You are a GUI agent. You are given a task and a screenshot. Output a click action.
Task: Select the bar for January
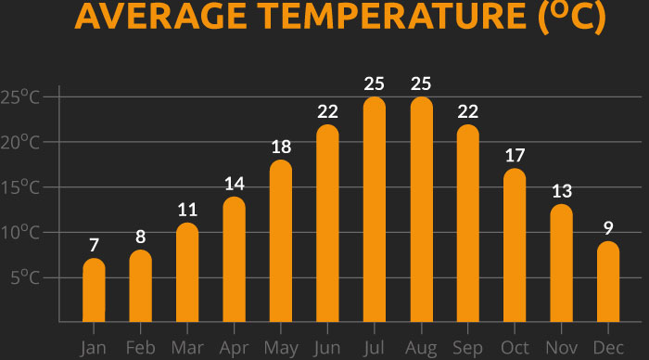point(94,289)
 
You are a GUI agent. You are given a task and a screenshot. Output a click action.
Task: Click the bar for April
point(234,260)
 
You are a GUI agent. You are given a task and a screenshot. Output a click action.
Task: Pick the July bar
point(374,209)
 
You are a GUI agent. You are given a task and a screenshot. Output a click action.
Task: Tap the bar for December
point(607,281)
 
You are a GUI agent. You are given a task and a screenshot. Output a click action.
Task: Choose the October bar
point(515,245)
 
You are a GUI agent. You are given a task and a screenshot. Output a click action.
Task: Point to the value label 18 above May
point(281,147)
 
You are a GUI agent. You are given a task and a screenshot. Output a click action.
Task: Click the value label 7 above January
point(94,245)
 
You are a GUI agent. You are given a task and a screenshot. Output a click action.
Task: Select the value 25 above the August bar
point(421,84)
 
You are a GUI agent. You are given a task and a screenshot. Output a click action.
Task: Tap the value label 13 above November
point(561,191)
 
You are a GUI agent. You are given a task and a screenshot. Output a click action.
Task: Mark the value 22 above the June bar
point(327,111)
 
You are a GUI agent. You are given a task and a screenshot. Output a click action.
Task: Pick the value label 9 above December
point(607,227)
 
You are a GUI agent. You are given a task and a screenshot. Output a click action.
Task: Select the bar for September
point(467,223)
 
